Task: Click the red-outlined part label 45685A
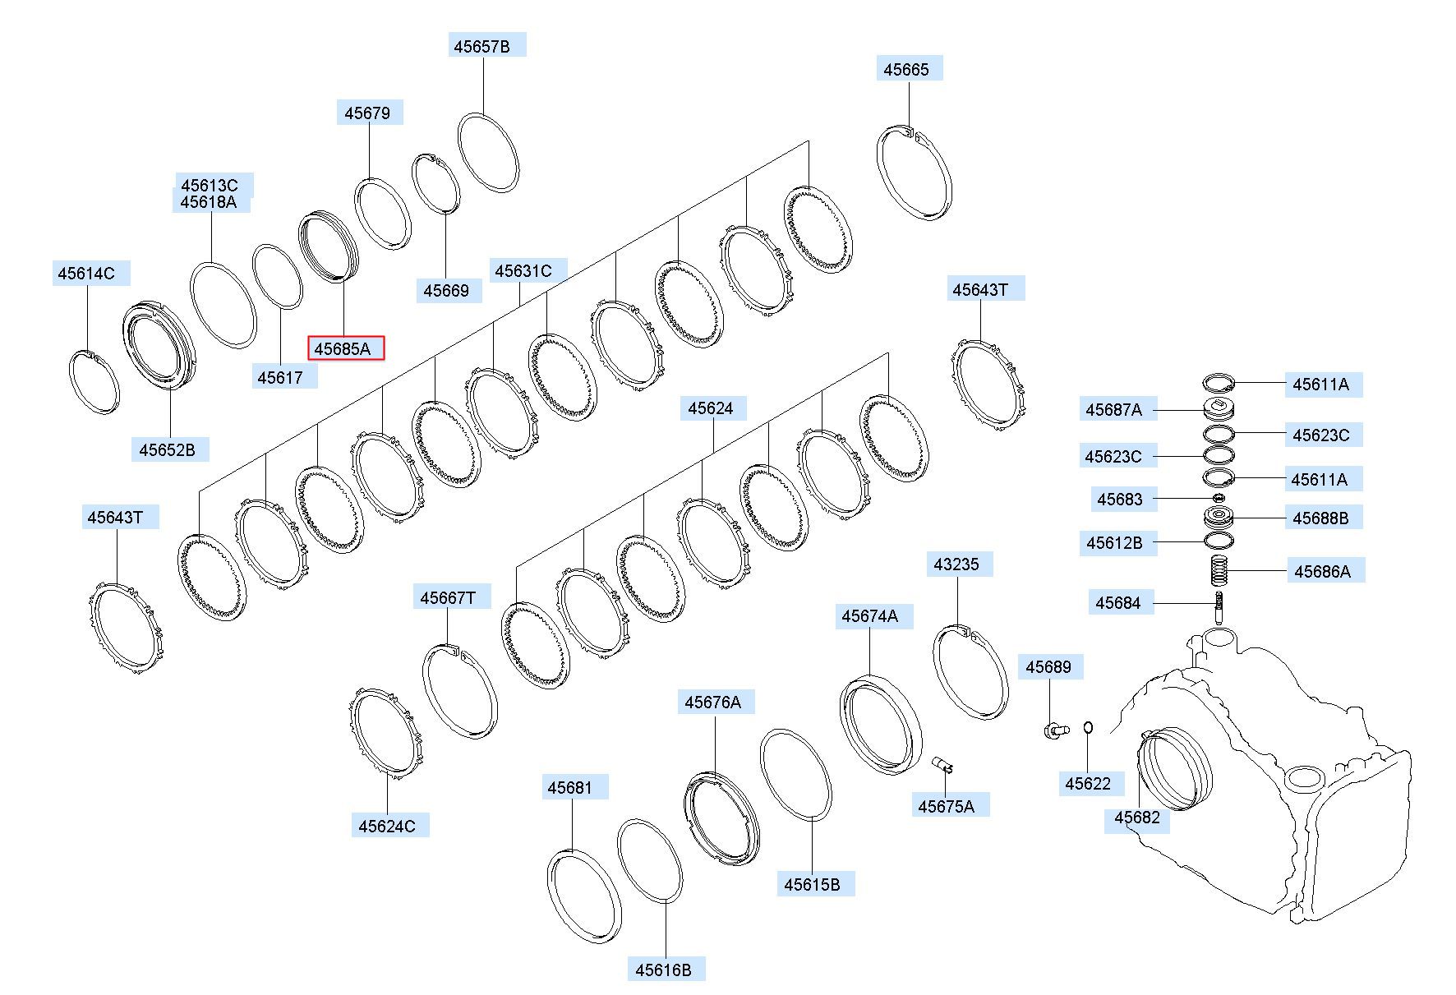(x=346, y=348)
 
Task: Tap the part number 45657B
(x=481, y=46)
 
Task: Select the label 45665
(x=906, y=69)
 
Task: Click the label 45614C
(x=86, y=274)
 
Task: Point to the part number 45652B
(x=168, y=449)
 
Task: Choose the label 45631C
(x=523, y=270)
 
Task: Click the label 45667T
(x=448, y=597)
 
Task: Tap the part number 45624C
(x=387, y=826)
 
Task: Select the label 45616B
(x=664, y=970)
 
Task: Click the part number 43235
(x=956, y=564)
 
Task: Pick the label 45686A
(x=1323, y=571)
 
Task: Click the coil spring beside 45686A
(x=1220, y=571)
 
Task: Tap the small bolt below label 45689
(x=1056, y=729)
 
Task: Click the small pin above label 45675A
(x=943, y=764)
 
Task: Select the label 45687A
(x=1114, y=409)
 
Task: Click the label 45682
(x=1137, y=818)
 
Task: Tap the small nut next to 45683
(x=1219, y=498)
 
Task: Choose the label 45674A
(x=870, y=616)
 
